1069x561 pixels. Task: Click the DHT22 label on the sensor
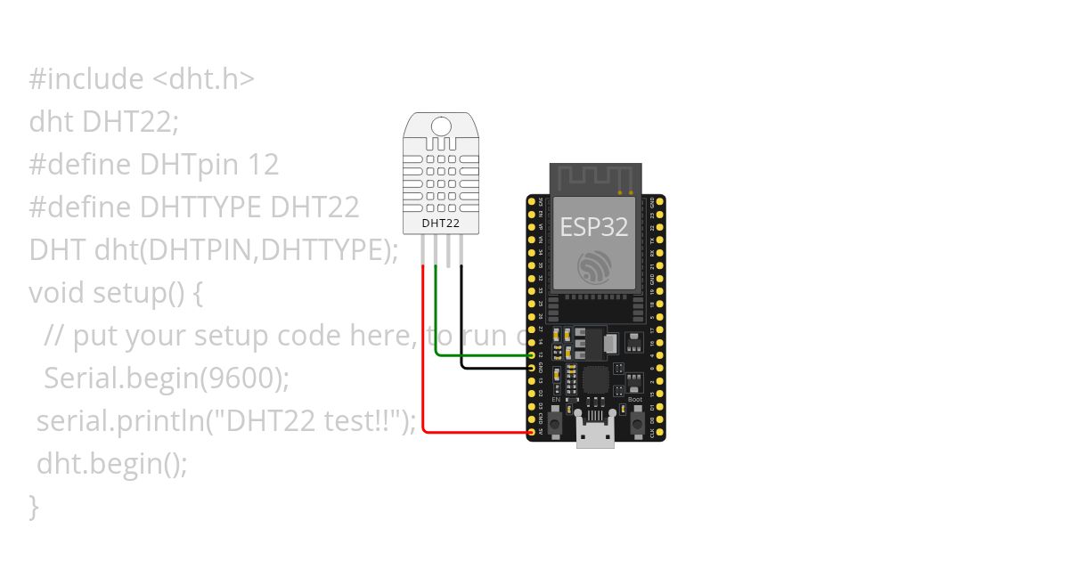point(440,223)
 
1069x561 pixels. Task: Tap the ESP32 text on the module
point(593,226)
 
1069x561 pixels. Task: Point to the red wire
point(422,356)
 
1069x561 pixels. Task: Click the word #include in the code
point(86,79)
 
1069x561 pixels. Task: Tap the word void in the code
point(57,292)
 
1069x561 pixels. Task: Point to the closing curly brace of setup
point(34,506)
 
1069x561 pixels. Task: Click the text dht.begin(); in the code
point(111,463)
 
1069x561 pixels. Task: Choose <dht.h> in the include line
point(203,79)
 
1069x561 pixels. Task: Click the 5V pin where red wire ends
point(532,432)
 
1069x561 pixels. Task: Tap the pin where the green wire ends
point(532,354)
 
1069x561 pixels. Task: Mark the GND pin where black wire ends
point(532,367)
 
